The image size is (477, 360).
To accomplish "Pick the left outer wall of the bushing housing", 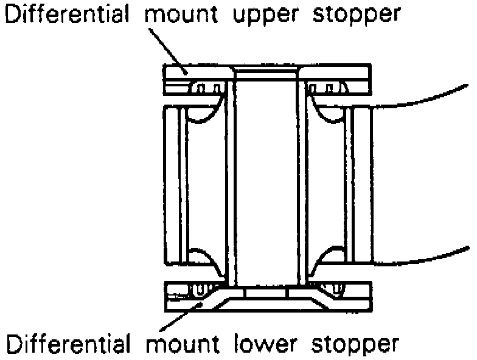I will coord(172,182).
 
